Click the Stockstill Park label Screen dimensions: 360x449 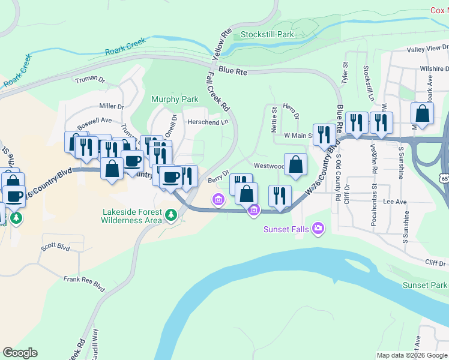tap(267, 34)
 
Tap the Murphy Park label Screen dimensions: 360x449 tap(175, 99)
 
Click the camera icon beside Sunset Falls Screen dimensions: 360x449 tap(318, 228)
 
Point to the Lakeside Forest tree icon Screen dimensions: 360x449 tap(171, 214)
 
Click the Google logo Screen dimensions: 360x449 tap(20, 353)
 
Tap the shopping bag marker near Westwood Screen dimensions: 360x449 tap(295, 164)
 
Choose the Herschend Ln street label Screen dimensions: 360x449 tap(208, 121)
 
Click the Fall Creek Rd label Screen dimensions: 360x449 tap(218, 92)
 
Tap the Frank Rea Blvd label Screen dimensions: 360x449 tap(85, 284)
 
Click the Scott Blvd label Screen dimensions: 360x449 tap(55, 247)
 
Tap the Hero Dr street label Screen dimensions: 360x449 tap(291, 110)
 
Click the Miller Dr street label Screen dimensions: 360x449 tap(112, 106)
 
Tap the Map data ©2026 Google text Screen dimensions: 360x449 tap(412, 355)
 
